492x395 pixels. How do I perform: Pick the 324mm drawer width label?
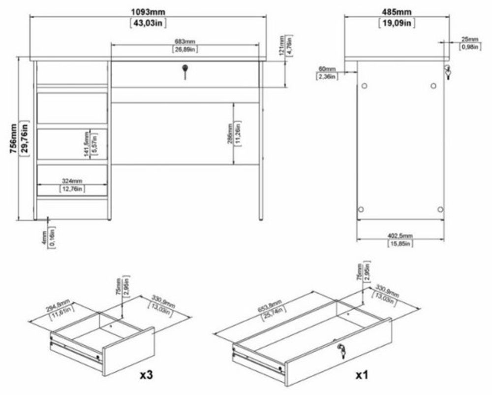72,180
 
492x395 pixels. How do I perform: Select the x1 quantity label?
363,374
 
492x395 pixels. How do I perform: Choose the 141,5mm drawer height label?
87,143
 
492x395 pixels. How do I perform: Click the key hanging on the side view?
447,72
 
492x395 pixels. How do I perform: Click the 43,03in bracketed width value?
148,23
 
